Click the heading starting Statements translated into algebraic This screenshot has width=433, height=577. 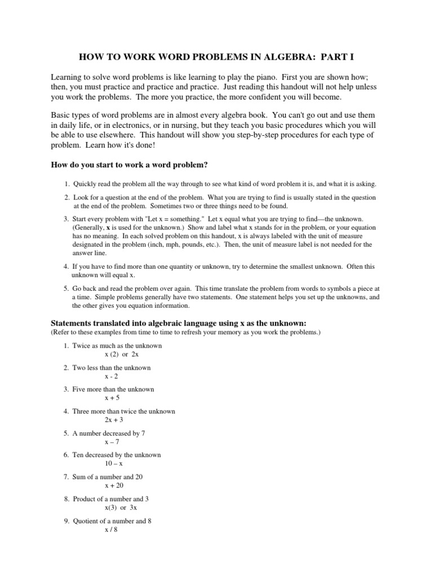(178, 323)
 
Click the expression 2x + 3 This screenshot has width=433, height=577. (114, 420)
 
